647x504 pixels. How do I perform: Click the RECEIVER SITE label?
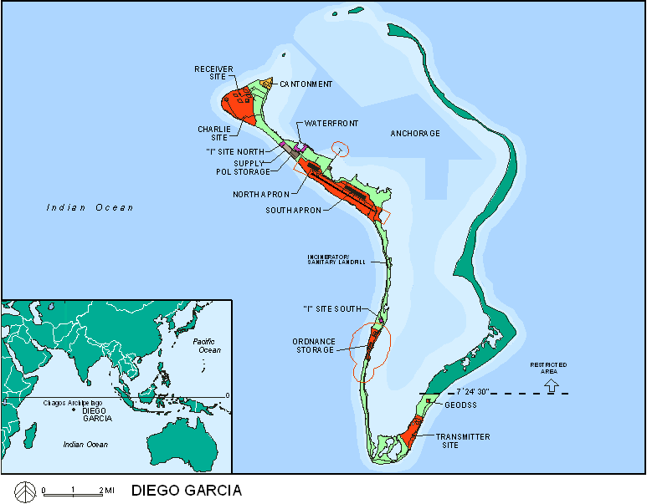click(213, 72)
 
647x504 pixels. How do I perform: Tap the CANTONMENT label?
click(306, 84)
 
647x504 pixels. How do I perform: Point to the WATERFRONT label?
click(331, 124)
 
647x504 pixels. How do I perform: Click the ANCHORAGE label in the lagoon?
click(415, 134)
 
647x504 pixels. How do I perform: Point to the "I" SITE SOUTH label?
click(331, 309)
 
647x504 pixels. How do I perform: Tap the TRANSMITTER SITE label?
click(463, 441)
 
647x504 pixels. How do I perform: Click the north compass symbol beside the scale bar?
click(25, 490)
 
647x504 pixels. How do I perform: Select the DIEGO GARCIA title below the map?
click(186, 491)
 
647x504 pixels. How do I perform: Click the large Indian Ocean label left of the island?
click(90, 207)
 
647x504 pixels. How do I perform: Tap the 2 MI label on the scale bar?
click(108, 490)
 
